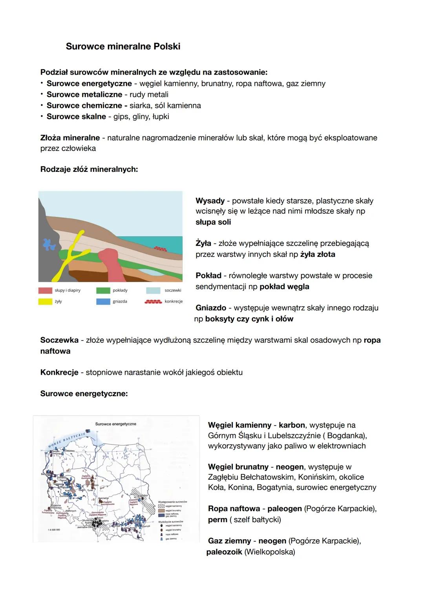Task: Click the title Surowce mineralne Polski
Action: click(x=123, y=46)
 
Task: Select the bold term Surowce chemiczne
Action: click(x=84, y=106)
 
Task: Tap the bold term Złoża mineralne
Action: click(x=70, y=138)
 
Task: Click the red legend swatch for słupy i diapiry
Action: click(x=45, y=291)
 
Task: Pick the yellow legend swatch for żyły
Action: click(x=45, y=302)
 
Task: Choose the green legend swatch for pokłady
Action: click(x=103, y=291)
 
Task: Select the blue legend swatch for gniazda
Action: click(x=103, y=302)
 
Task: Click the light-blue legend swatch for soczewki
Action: click(x=153, y=291)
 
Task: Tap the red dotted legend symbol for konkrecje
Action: click(x=153, y=302)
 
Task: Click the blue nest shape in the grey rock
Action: click(x=50, y=244)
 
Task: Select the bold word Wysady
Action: click(x=210, y=201)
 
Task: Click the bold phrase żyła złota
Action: click(x=318, y=254)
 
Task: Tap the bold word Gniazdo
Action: click(x=211, y=308)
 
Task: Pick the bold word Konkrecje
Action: click(x=59, y=372)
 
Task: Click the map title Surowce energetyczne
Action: click(x=115, y=424)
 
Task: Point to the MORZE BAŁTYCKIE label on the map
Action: click(x=67, y=441)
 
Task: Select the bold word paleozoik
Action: click(x=224, y=552)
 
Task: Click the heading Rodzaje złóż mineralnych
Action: click(x=89, y=169)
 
